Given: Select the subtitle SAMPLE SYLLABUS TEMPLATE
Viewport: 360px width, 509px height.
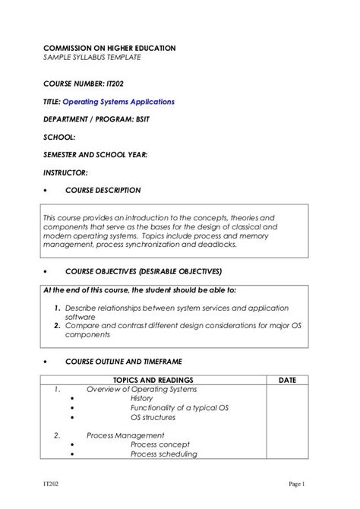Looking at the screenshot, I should click(91, 58).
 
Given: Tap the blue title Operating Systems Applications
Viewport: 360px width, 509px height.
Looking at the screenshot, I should click(118, 101).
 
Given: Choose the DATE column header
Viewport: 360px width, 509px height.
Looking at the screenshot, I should click(288, 380).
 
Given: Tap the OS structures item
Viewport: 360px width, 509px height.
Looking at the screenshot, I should click(153, 417).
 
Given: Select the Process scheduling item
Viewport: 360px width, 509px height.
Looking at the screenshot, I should click(164, 454).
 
